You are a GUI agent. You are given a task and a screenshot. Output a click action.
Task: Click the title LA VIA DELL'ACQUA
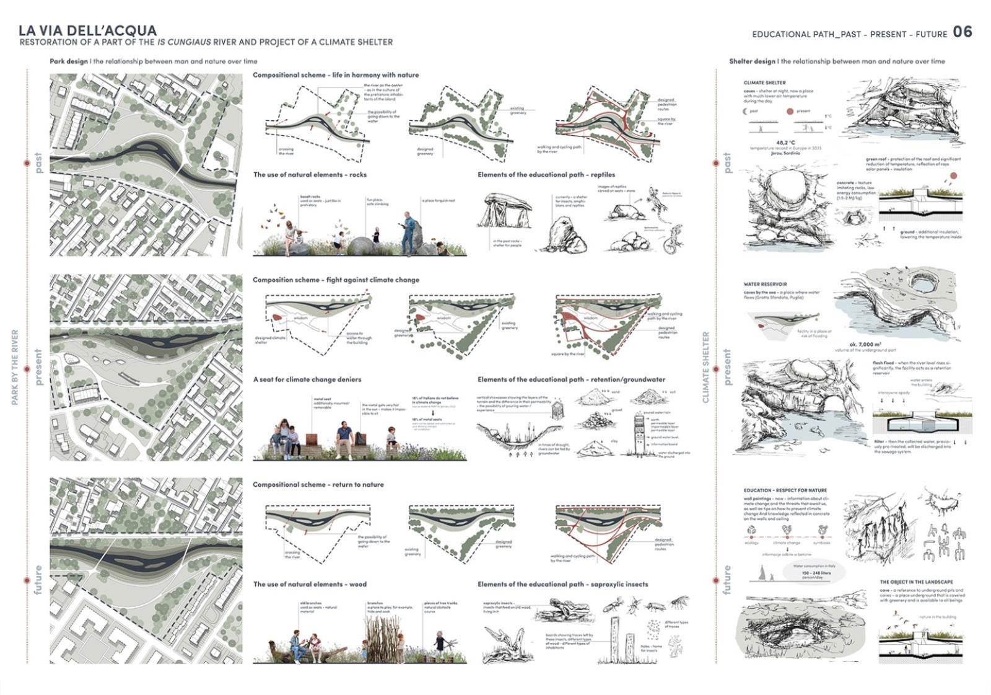(87, 30)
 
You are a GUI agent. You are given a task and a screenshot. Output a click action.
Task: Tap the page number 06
(963, 32)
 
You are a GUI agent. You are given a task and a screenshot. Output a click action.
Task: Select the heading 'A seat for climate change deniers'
(307, 379)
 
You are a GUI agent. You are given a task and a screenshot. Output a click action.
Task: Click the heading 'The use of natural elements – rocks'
(310, 175)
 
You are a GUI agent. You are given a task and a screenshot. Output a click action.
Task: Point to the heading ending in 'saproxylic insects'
(562, 584)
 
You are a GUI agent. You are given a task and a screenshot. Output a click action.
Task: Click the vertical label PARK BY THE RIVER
(15, 368)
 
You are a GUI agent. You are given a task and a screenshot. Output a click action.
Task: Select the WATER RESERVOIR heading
(765, 284)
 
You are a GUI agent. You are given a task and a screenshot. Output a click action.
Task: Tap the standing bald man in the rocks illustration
(408, 232)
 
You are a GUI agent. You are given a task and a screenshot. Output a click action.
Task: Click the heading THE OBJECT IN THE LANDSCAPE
(917, 582)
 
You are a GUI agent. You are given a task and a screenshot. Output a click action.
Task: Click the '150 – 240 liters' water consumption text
(816, 573)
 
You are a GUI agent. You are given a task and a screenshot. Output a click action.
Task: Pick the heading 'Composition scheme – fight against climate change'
(336, 280)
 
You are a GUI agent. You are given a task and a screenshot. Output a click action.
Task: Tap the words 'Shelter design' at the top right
(752, 61)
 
